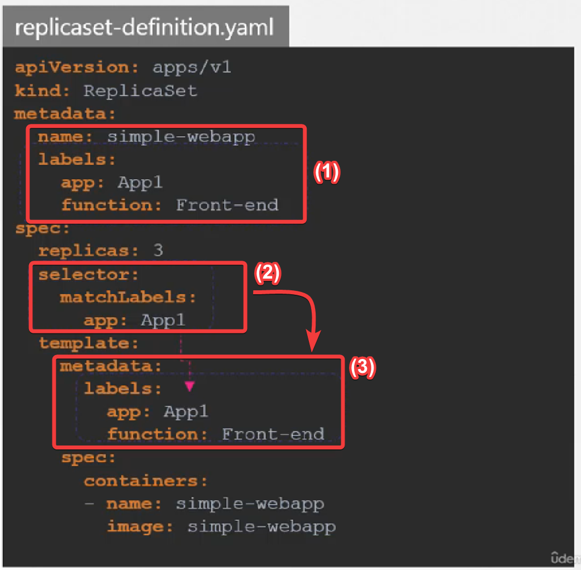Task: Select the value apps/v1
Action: point(192,68)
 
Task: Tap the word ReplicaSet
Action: point(141,90)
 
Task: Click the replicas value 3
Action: point(158,250)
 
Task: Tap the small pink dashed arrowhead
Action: point(190,385)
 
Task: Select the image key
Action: point(136,526)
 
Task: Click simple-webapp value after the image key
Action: point(262,526)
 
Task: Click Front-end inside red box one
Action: point(227,205)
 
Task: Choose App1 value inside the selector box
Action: point(163,320)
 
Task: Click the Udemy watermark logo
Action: point(565,558)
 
